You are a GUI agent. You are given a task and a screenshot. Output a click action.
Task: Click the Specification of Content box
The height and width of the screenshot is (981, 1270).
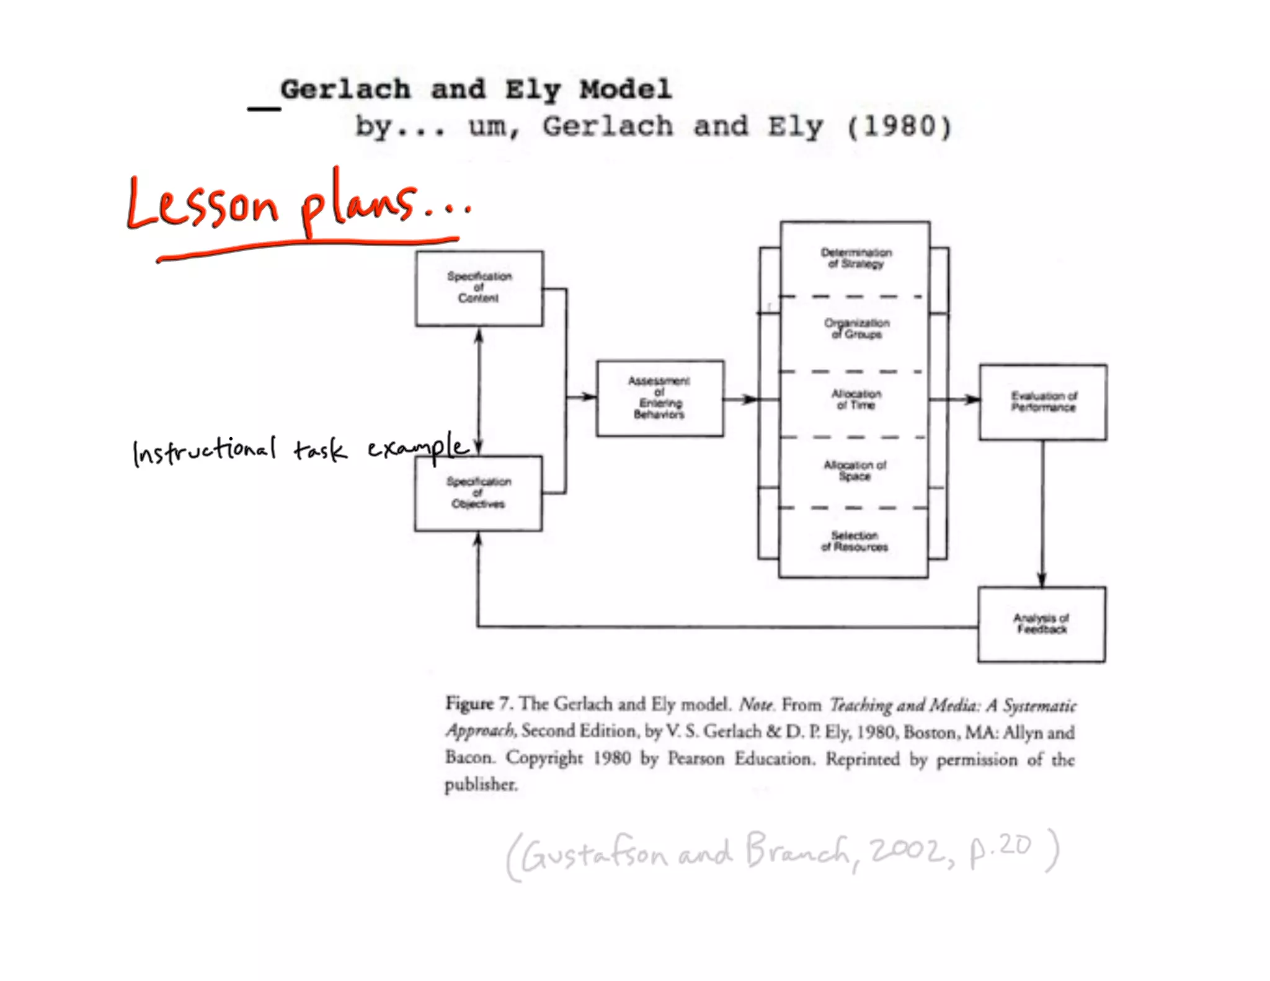479,288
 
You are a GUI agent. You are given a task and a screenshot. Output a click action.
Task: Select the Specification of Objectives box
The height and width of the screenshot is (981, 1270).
478,494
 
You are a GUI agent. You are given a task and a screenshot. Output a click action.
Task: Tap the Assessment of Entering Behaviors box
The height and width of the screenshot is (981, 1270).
660,398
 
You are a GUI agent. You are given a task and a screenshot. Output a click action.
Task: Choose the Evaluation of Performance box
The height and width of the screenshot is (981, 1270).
1043,402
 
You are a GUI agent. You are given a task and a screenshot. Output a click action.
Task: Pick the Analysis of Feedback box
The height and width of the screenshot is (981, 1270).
1041,624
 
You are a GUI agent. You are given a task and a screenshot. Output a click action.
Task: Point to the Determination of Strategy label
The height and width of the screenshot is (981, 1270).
856,258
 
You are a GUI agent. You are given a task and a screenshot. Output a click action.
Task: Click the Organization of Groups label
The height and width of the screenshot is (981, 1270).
856,329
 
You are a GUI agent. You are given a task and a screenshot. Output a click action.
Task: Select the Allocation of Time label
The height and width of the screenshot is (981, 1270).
856,399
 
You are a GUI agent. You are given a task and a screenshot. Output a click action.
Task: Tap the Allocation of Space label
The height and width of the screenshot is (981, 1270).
855,470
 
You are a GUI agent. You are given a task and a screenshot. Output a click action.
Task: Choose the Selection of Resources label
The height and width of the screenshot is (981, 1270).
855,541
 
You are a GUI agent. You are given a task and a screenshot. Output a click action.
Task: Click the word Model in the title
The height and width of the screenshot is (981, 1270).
626,89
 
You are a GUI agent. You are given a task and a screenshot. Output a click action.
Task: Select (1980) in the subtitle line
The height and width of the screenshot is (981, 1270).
899,127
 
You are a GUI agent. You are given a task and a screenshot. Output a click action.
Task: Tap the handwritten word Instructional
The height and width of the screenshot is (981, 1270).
204,450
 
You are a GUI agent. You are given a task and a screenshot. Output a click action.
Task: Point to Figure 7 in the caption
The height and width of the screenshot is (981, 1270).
478,704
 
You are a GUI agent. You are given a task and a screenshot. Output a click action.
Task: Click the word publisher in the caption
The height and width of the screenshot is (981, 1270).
481,785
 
